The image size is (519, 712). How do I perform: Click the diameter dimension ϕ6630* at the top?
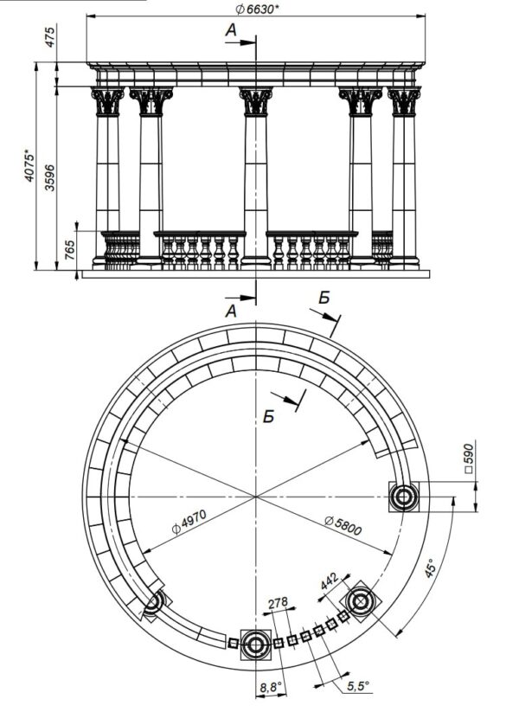point(257,9)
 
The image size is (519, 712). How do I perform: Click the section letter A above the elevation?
point(231,30)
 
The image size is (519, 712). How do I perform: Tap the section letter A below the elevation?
point(231,309)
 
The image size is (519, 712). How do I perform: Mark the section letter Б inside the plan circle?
point(270,414)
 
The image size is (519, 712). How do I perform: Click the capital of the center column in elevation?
point(256,101)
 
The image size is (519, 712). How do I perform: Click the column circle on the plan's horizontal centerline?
point(403,497)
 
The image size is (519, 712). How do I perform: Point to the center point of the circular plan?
point(256,497)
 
